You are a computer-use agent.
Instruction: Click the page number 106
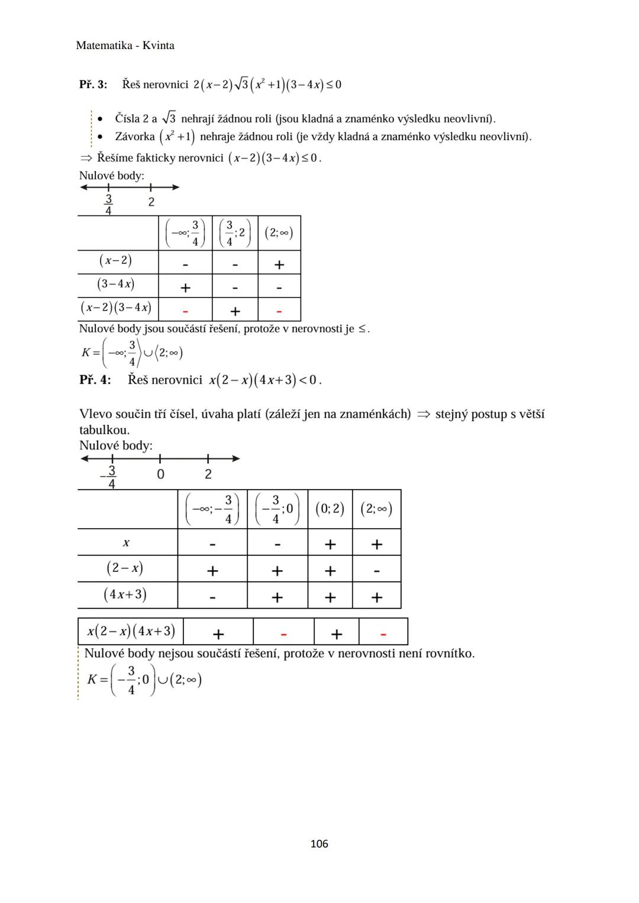pyautogui.click(x=319, y=844)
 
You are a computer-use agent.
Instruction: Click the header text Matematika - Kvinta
pyautogui.click(x=125, y=46)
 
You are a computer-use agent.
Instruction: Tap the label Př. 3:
pyautogui.click(x=93, y=85)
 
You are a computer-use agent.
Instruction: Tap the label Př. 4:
pyautogui.click(x=95, y=380)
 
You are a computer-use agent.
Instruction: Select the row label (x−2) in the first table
pyautogui.click(x=116, y=260)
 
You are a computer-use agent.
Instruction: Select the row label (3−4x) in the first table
pyautogui.click(x=116, y=284)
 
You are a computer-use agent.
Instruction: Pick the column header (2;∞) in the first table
pyautogui.click(x=279, y=233)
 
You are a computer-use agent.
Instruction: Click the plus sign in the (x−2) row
pyautogui.click(x=279, y=264)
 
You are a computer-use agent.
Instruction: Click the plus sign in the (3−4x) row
pyautogui.click(x=185, y=288)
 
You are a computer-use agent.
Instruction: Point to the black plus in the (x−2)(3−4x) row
pyautogui.click(x=235, y=311)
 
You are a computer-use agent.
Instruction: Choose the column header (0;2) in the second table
pyautogui.click(x=330, y=509)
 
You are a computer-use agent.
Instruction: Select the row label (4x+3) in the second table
pyautogui.click(x=125, y=594)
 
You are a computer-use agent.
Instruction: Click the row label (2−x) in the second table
pyautogui.click(x=125, y=568)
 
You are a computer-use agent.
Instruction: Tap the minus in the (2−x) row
pyautogui.click(x=377, y=571)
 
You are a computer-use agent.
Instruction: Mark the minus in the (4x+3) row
pyautogui.click(x=212, y=598)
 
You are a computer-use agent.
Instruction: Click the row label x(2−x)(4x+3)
pyautogui.click(x=131, y=632)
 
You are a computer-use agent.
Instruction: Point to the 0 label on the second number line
pyautogui.click(x=160, y=474)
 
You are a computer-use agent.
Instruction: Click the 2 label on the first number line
pyautogui.click(x=151, y=202)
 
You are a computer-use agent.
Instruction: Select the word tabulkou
pyautogui.click(x=104, y=430)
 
